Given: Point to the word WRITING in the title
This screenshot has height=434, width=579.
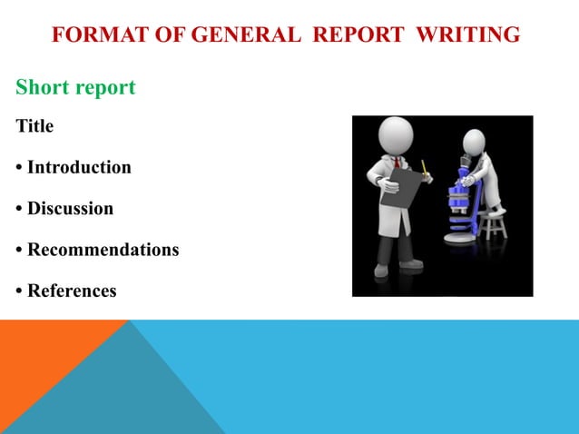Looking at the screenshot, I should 464,35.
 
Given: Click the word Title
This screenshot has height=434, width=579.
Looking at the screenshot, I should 34,126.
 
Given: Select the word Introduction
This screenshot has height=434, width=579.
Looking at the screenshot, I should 79,167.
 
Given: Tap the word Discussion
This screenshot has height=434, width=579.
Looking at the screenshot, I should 70,209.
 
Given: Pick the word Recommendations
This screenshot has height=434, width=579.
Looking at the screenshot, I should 103,250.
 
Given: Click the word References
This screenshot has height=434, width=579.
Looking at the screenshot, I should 72,291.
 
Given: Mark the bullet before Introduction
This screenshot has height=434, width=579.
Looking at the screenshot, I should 19,168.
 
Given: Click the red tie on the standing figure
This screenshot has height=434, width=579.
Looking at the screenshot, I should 397,166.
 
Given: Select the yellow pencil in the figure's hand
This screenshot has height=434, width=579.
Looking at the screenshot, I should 424,168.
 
